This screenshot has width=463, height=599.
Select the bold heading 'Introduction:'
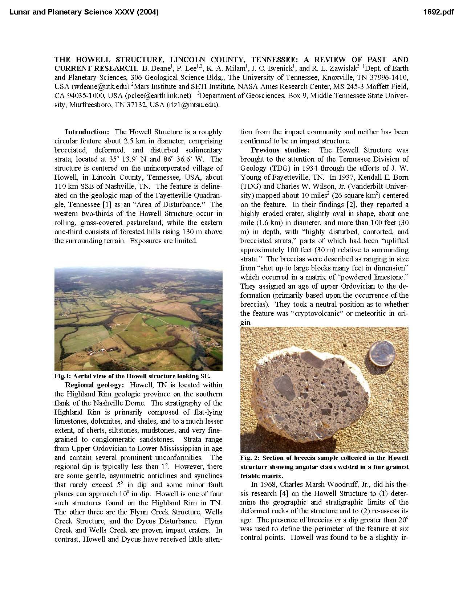[x=87, y=132]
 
